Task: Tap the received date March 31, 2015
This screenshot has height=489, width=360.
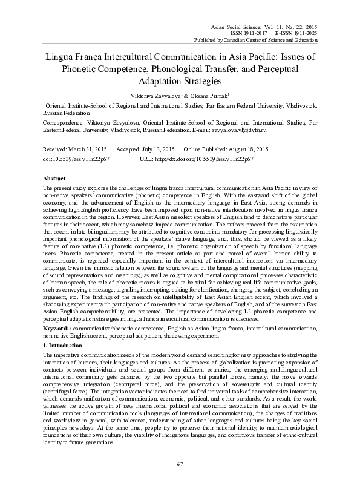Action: [85, 149]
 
